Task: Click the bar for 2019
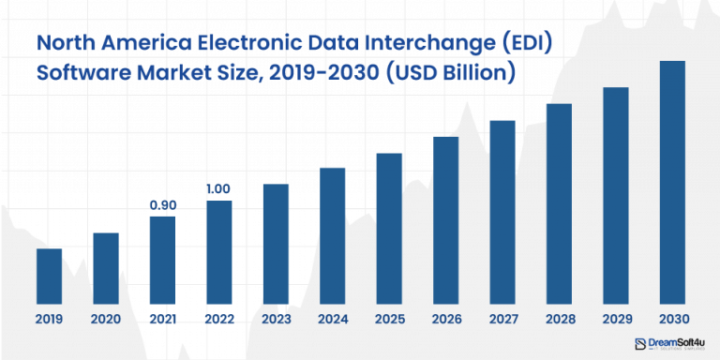[x=49, y=277]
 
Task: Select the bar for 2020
[x=106, y=268]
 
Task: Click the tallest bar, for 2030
[x=672, y=183]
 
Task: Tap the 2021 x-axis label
[x=162, y=319]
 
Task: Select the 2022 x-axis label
[x=218, y=319]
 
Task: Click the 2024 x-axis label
[x=333, y=319]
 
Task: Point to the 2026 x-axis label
[x=445, y=319]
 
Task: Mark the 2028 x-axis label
[x=559, y=319]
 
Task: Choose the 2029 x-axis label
[x=615, y=319]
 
